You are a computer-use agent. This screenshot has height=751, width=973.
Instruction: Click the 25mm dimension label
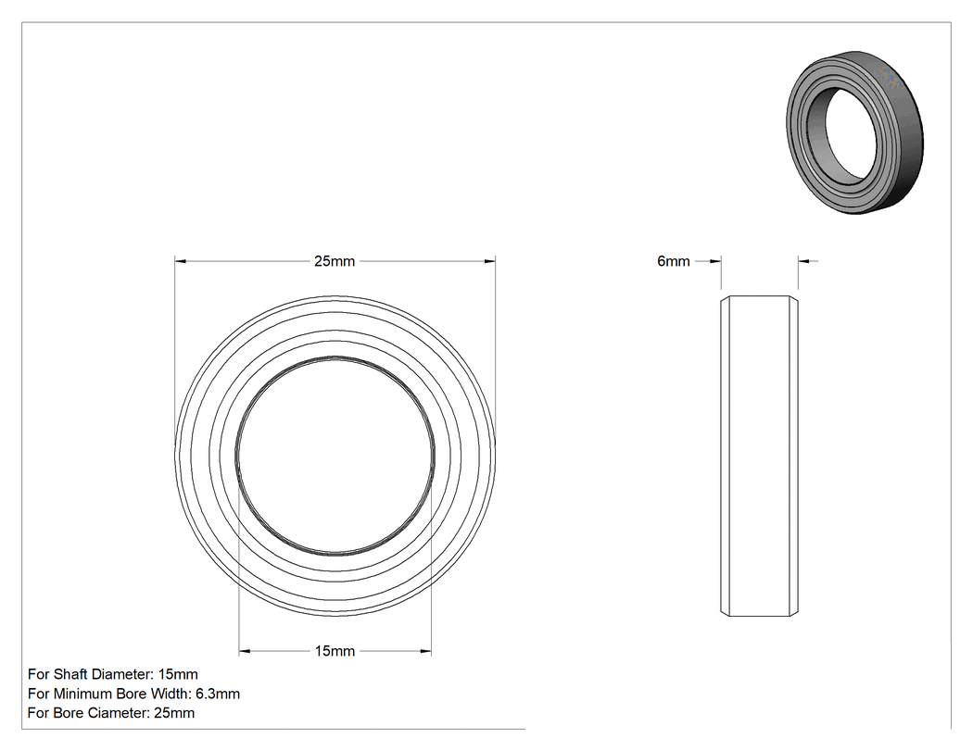pos(335,261)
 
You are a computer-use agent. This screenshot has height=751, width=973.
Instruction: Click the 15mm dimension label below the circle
pos(335,651)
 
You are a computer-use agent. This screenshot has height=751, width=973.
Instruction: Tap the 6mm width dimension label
pos(674,261)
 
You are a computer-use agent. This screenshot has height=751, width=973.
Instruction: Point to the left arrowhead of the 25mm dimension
pos(181,261)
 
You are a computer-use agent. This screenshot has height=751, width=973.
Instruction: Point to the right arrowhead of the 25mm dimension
pos(489,261)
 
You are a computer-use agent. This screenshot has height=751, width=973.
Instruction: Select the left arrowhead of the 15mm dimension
pos(245,651)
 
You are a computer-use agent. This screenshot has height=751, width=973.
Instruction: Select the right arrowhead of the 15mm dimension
pos(425,651)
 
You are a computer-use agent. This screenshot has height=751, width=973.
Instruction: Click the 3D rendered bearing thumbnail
pos(855,132)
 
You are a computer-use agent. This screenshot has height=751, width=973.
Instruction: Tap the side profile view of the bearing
pos(760,457)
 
